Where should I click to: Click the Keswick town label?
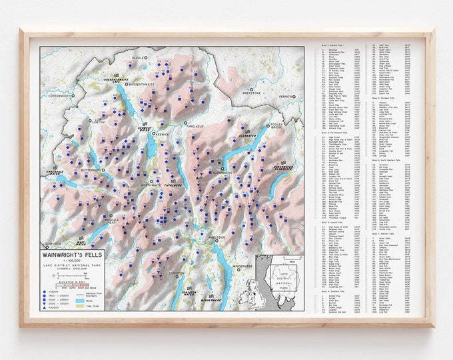164,133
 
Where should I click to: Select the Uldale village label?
138,57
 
